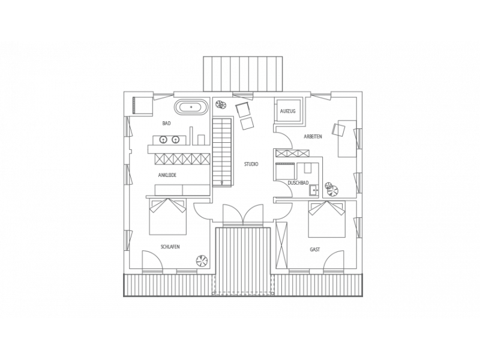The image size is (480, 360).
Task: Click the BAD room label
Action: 167,124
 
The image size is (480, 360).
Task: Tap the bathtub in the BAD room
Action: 191,107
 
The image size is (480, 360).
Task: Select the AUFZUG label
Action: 288,112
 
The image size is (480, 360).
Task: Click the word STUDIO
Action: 251,164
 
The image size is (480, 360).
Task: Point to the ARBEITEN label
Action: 313,137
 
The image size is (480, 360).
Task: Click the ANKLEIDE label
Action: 167,175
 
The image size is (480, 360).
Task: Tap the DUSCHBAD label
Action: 298,183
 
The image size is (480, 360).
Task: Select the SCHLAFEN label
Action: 170,247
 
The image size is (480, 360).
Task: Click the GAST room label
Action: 314,250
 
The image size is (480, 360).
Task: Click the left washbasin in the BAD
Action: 163,140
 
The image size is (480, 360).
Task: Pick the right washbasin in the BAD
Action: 175,140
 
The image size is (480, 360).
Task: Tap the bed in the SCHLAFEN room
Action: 167,217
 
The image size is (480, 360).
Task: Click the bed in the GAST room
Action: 326,219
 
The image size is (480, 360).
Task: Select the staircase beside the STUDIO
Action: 221,152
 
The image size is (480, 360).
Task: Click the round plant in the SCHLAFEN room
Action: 202,261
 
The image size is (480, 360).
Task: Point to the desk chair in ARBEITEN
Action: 338,129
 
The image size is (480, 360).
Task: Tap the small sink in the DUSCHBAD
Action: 313,190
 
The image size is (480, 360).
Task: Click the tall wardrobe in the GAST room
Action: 281,245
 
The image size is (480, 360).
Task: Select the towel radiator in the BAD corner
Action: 143,106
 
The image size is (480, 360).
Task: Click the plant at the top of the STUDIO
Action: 220,104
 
